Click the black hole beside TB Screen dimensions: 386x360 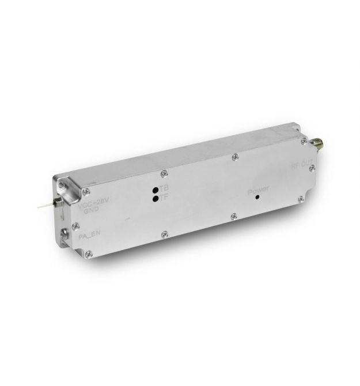point(155,190)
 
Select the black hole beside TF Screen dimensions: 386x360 point(155,198)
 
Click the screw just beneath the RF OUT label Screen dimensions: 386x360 point(310,168)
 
